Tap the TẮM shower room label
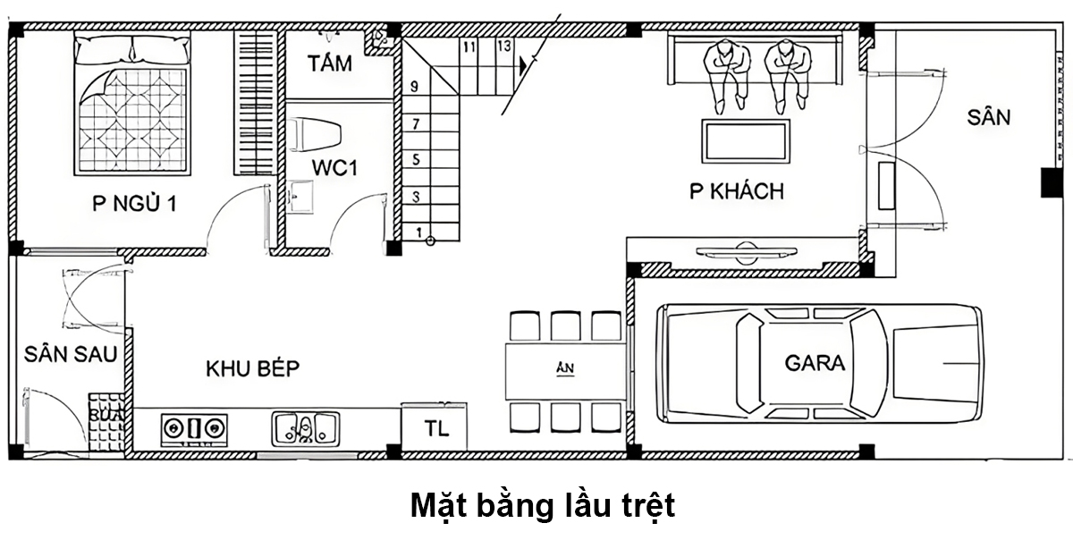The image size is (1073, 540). pyautogui.click(x=329, y=64)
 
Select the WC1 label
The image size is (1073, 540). pyautogui.click(x=334, y=168)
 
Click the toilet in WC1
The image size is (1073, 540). pyautogui.click(x=317, y=133)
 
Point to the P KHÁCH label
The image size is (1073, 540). pyautogui.click(x=736, y=190)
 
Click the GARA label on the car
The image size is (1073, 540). pyautogui.click(x=815, y=363)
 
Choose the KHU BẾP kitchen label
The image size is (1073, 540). pyautogui.click(x=252, y=368)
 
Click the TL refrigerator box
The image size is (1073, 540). pyautogui.click(x=434, y=427)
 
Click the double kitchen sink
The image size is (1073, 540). pyautogui.click(x=305, y=427)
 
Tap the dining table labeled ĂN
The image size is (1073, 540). pyautogui.click(x=563, y=371)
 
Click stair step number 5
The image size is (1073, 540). pyautogui.click(x=416, y=159)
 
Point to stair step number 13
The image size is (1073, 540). pyautogui.click(x=503, y=46)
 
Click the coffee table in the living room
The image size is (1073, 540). pyautogui.click(x=746, y=141)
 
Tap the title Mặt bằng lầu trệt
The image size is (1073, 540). pyautogui.click(x=542, y=505)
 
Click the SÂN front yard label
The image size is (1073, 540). pyautogui.click(x=988, y=117)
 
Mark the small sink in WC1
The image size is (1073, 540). pyautogui.click(x=301, y=198)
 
